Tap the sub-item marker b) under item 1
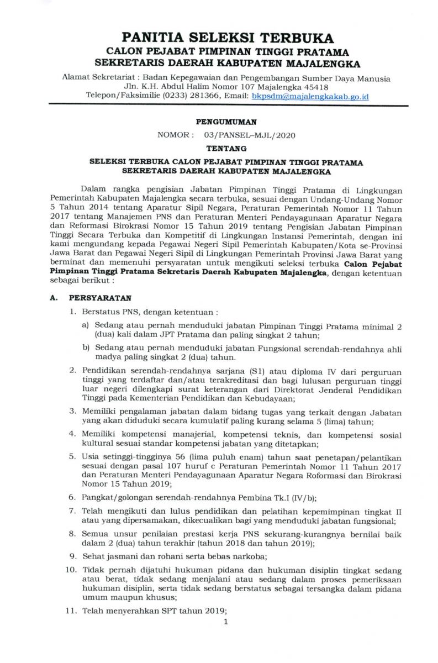(x=86, y=348)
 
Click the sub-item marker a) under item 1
(x=86, y=327)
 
